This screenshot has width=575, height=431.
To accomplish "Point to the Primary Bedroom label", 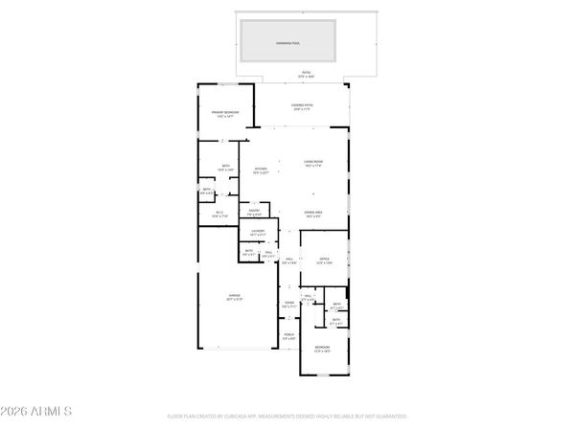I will point(225,114).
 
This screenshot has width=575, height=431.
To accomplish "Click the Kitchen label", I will point(260,171).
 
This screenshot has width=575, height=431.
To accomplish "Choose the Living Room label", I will point(312,164).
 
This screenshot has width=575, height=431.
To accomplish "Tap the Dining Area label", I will point(312,213).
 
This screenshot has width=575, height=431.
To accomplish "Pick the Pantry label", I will point(255,212).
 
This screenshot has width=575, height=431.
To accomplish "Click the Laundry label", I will point(258,232).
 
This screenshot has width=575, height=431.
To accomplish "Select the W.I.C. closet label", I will point(219,214).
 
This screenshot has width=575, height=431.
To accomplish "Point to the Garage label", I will point(234,297).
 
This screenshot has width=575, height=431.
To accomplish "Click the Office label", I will point(324,261).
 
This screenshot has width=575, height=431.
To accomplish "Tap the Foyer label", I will point(288,306).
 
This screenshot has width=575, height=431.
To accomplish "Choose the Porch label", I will point(288,337).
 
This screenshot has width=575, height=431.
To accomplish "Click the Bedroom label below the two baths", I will point(323,349).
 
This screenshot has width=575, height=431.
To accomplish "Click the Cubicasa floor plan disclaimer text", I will point(287,418).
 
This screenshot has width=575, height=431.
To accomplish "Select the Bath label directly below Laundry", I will point(248,253).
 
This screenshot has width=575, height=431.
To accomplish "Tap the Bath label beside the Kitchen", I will point(226,168).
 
